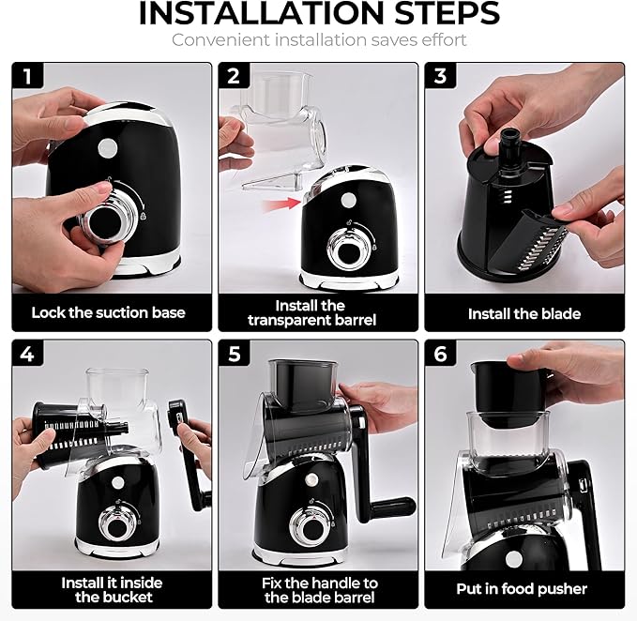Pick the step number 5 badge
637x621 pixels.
[233, 354]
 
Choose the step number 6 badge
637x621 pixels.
[440, 354]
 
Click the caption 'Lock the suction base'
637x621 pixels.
[108, 312]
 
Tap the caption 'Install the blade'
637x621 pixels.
[523, 313]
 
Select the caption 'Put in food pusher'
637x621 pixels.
[523, 589]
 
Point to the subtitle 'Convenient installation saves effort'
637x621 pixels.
[319, 40]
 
